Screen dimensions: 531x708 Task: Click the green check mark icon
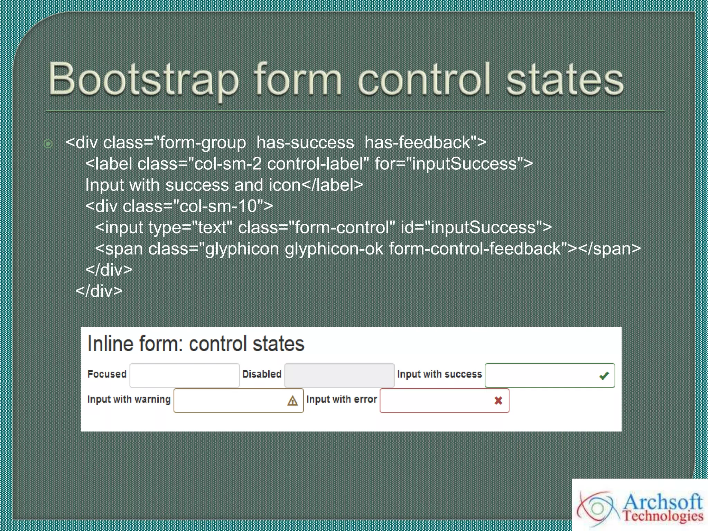coord(604,375)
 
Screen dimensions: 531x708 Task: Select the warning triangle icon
coord(292,401)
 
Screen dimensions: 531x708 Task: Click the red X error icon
coord(498,401)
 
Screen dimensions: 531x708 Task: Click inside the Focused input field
coord(184,375)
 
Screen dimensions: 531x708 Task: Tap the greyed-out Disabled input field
coord(339,375)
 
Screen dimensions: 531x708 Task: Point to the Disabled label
coord(262,374)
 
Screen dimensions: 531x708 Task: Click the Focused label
coord(107,374)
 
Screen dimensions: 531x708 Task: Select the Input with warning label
coord(129,399)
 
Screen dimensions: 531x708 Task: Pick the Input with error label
coord(342,399)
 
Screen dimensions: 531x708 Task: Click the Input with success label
coord(439,374)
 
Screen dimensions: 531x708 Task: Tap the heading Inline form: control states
coord(196,344)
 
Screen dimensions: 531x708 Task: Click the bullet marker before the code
coord(48,143)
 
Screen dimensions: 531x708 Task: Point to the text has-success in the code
coord(305,143)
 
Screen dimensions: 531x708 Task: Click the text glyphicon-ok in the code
coord(334,249)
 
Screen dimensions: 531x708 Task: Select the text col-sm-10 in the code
coord(218,206)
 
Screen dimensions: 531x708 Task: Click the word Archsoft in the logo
coord(662,502)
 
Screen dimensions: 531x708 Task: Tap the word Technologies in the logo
coord(663,516)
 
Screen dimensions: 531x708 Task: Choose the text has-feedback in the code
coord(418,143)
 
